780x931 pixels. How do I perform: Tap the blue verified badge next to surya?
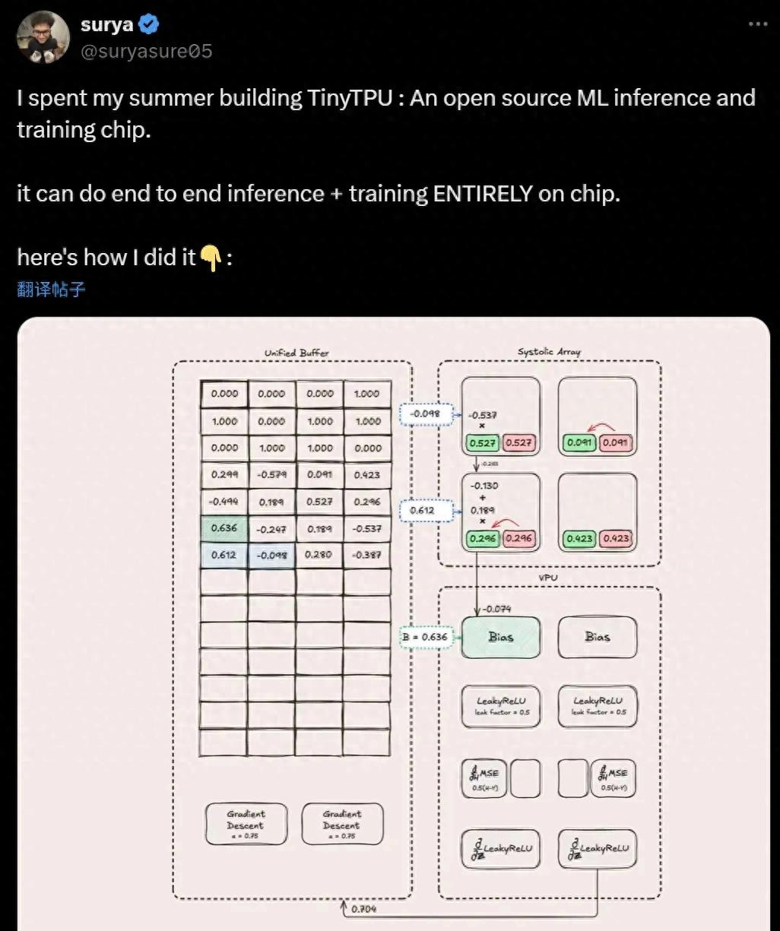(149, 25)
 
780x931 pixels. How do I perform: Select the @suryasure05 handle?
(146, 52)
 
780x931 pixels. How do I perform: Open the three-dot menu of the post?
(757, 24)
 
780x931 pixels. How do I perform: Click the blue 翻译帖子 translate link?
(51, 289)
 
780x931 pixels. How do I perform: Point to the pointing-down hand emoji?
(211, 258)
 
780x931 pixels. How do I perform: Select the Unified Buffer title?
(296, 353)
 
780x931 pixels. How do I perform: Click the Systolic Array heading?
(549, 352)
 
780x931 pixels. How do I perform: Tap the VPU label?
(548, 578)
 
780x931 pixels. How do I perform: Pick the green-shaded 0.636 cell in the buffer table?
(224, 528)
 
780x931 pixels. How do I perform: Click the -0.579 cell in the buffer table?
(271, 474)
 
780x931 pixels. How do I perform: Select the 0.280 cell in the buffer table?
(319, 555)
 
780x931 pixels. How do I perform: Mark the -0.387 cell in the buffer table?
(367, 555)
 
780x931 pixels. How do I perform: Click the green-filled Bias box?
(501, 637)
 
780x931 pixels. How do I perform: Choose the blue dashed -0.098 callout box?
(425, 414)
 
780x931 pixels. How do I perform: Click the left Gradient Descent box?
(246, 825)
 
